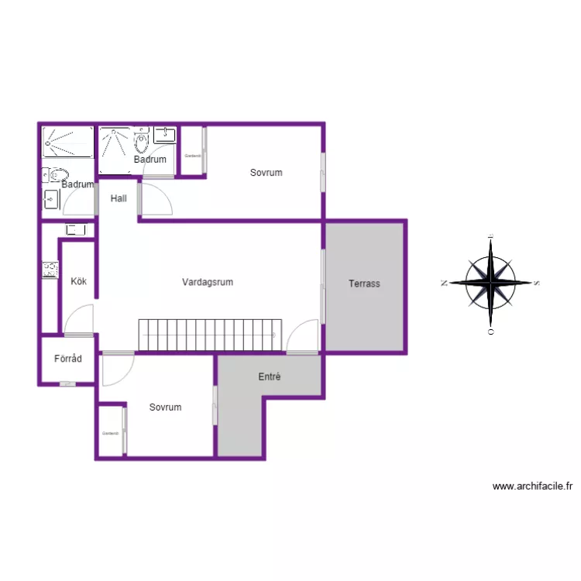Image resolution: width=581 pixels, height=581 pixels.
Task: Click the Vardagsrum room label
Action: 208,282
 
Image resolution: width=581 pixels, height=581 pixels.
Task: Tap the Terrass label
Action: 364,284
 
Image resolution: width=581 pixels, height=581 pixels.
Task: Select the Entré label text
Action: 269,377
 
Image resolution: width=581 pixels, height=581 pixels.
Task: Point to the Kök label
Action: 78,281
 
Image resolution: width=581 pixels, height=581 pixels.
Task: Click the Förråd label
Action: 68,359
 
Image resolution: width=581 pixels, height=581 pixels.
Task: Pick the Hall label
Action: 119,198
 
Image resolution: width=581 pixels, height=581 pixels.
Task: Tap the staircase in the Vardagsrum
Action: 208,335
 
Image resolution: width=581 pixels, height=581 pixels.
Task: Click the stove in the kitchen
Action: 50,270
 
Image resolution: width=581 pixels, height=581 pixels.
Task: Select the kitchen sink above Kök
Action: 75,229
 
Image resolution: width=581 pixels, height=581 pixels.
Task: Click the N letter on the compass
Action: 444,284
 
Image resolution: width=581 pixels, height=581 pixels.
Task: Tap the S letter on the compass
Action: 537,284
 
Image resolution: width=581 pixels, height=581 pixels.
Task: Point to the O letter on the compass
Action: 490,331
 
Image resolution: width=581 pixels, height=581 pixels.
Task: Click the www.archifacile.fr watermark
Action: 532,486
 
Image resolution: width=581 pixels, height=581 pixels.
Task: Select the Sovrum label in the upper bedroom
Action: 266,173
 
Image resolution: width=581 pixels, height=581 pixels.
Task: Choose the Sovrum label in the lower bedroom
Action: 166,407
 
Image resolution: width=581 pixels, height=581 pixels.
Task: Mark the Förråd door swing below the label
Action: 68,383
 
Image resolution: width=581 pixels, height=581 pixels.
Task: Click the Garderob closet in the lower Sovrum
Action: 111,432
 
